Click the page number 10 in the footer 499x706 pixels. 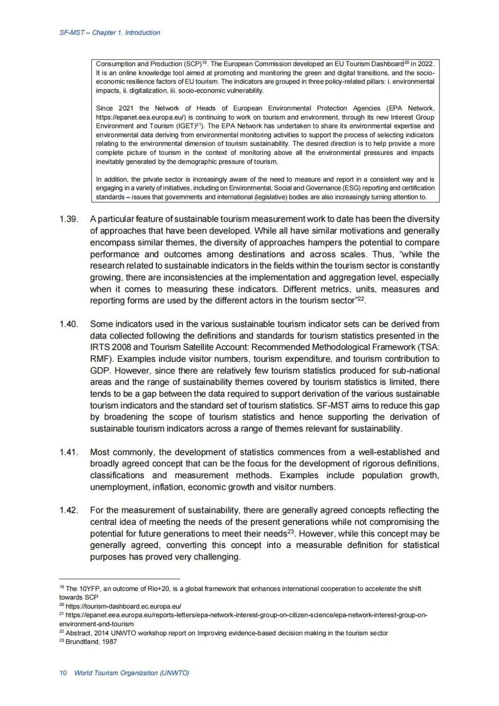click(x=63, y=673)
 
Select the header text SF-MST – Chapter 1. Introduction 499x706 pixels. click(x=110, y=33)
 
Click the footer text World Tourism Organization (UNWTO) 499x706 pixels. click(x=132, y=673)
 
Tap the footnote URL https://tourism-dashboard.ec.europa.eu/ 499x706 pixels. click(x=123, y=606)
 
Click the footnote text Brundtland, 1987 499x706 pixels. click(x=91, y=642)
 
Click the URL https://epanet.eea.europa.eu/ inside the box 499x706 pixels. click(x=140, y=117)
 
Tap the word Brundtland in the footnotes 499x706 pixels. click(x=81, y=642)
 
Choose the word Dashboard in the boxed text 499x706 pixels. click(x=387, y=64)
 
